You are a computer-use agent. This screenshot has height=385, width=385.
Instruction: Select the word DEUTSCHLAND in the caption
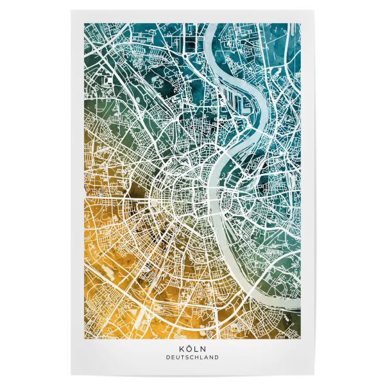click(192, 357)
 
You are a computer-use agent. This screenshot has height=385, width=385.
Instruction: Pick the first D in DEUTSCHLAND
click(167, 357)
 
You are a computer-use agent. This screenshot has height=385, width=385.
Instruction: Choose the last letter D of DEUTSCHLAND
click(217, 357)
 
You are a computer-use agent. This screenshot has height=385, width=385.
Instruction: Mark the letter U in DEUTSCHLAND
click(177, 357)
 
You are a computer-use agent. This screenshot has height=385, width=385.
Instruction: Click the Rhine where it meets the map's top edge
click(214, 24)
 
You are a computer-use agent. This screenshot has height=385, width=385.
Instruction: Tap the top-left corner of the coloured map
click(85, 24)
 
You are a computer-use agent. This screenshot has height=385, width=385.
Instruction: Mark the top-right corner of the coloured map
click(300, 24)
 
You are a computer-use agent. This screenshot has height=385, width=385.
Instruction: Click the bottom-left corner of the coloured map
click(85, 339)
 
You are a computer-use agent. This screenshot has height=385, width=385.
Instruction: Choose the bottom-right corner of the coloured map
click(300, 339)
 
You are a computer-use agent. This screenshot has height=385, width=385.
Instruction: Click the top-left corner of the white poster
click(71, 10)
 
